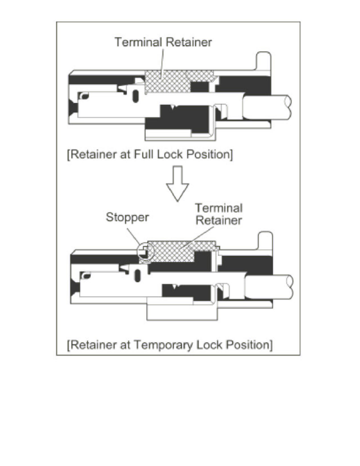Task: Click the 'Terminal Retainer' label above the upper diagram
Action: [x=163, y=42]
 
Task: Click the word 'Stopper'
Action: [x=127, y=218]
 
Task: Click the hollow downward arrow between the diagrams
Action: [x=178, y=183]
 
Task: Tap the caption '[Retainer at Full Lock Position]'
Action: [x=151, y=154]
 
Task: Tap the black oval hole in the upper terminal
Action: [x=136, y=96]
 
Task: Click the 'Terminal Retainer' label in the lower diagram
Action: [x=219, y=214]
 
